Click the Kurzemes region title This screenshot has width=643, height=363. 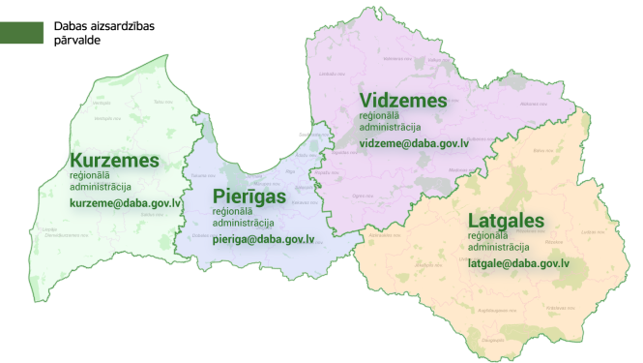pyautogui.click(x=114, y=160)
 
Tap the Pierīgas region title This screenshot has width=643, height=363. pyautogui.click(x=250, y=197)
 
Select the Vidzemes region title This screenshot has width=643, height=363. pyautogui.click(x=403, y=100)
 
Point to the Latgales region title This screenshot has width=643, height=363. pyautogui.click(x=506, y=220)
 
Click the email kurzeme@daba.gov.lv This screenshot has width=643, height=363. pyautogui.click(x=126, y=204)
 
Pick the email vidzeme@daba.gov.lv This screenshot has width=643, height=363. pyautogui.click(x=414, y=143)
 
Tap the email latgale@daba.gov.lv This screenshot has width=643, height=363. pyautogui.click(x=518, y=262)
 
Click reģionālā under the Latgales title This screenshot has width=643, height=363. pyautogui.click(x=489, y=235)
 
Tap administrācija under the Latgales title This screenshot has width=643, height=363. pyautogui.click(x=497, y=247)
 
